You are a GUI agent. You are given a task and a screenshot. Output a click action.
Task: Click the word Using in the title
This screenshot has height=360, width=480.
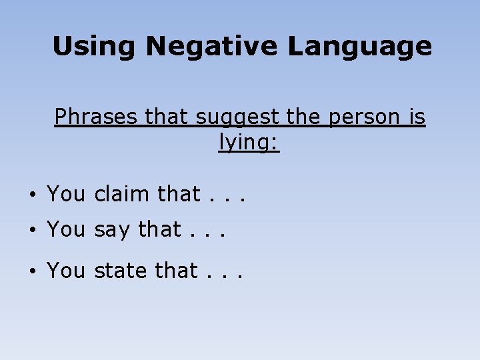coord(94,47)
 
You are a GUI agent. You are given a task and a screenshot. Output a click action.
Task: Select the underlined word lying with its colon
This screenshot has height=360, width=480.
coord(249,143)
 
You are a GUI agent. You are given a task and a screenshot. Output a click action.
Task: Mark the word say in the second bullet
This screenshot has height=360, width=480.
coord(113,231)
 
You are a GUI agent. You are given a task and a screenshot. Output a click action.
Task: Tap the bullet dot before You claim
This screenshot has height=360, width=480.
coord(32,195)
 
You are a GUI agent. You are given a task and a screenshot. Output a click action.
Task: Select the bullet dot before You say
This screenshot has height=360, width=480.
coord(32,231)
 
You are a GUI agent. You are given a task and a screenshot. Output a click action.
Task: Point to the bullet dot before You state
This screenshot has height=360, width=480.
coord(32,271)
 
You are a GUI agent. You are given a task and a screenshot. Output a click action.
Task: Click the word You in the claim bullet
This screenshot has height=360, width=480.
coord(66,194)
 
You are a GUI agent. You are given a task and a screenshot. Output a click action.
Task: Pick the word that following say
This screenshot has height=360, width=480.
coord(159,229)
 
